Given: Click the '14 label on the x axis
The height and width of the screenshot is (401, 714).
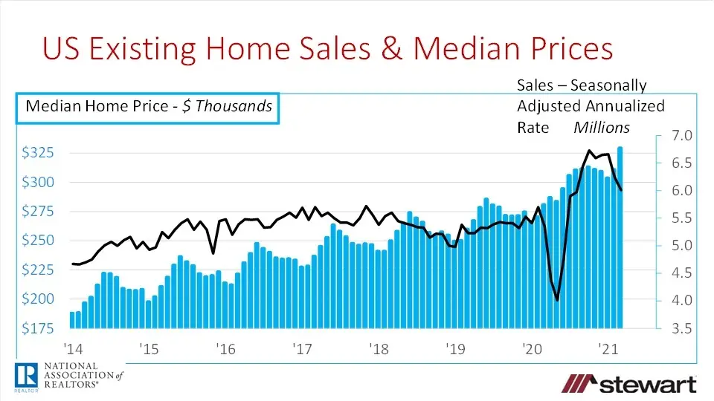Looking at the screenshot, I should pyautogui.click(x=73, y=348).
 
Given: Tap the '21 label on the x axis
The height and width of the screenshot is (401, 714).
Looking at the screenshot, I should pyautogui.click(x=606, y=348).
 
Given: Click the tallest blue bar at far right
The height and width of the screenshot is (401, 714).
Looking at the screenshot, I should pyautogui.click(x=620, y=238).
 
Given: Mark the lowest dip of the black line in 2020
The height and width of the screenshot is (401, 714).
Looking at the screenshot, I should pyautogui.click(x=558, y=300).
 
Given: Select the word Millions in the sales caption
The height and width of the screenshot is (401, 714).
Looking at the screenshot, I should pyautogui.click(x=601, y=128).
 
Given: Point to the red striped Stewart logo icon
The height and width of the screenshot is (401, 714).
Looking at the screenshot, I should pyautogui.click(x=578, y=383).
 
